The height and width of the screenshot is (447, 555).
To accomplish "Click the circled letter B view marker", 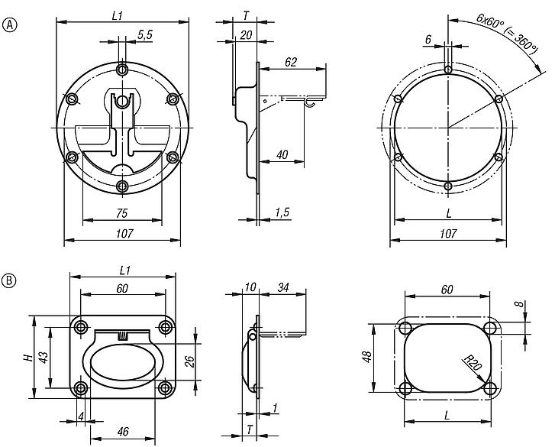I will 10,280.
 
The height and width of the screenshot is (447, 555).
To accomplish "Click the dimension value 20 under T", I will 246,34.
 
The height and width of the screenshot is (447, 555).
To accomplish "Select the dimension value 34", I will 283,288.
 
